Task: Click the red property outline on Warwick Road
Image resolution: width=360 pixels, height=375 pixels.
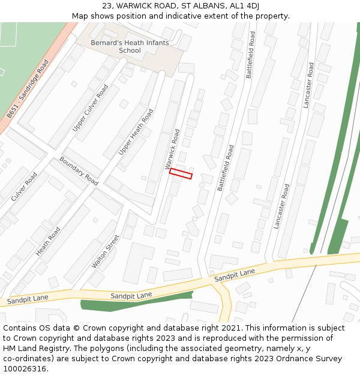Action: pyautogui.click(x=181, y=173)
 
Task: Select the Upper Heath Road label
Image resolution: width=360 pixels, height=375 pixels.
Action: pyautogui.click(x=136, y=132)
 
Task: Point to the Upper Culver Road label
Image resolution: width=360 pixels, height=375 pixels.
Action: pyautogui.click(x=91, y=108)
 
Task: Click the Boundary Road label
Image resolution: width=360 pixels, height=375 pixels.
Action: pyautogui.click(x=79, y=171)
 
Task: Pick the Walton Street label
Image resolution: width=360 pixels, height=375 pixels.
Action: pyautogui.click(x=106, y=251)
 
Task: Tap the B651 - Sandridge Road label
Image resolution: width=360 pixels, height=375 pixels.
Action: pyautogui.click(x=28, y=89)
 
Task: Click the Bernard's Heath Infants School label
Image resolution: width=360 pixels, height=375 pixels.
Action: pyautogui.click(x=130, y=47)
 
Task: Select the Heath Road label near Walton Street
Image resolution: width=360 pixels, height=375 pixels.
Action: pyautogui.click(x=48, y=241)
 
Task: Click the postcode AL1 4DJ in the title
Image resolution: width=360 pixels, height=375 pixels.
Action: pyautogui.click(x=245, y=5)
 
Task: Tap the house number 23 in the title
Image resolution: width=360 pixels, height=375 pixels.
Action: pyautogui.click(x=107, y=5)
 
